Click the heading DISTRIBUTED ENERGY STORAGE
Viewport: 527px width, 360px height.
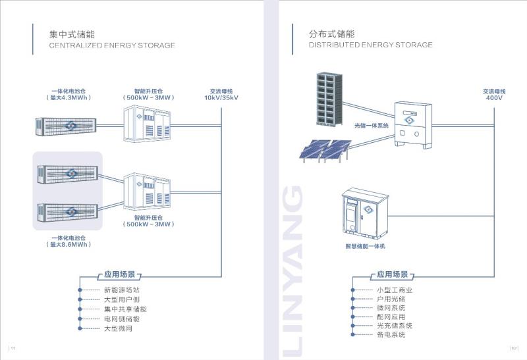pyautogui.click(x=371, y=45)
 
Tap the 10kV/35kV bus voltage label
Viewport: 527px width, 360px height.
pyautogui.click(x=221, y=98)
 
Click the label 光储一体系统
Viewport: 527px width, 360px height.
pyautogui.click(x=372, y=125)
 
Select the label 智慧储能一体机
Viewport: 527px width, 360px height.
pyautogui.click(x=365, y=246)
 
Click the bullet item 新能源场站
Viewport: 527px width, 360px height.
pyautogui.click(x=122, y=290)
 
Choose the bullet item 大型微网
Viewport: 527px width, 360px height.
pyautogui.click(x=118, y=328)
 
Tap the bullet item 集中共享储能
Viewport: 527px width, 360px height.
pyautogui.click(x=125, y=309)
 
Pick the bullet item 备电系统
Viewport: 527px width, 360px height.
pyautogui.click(x=391, y=335)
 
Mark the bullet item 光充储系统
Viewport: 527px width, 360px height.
pyautogui.click(x=395, y=326)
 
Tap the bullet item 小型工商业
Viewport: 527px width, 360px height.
pyautogui.click(x=395, y=290)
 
